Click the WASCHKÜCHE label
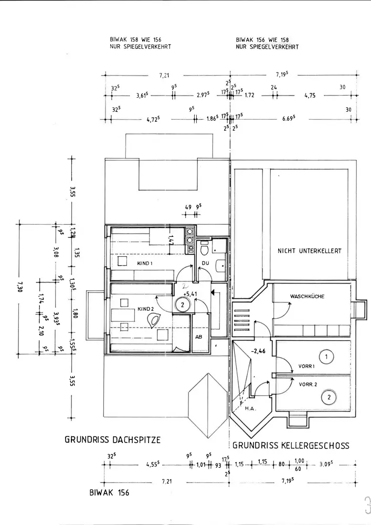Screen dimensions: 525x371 click(307, 297)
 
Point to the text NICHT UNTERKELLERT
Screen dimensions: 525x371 click(309, 251)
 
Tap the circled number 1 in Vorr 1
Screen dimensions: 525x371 click(326, 358)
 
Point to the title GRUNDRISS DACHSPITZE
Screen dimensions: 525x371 click(112, 439)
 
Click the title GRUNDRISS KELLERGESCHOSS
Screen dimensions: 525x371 click(291, 446)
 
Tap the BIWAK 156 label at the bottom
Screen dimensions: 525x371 click(109, 493)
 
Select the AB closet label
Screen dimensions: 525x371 click(199, 337)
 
